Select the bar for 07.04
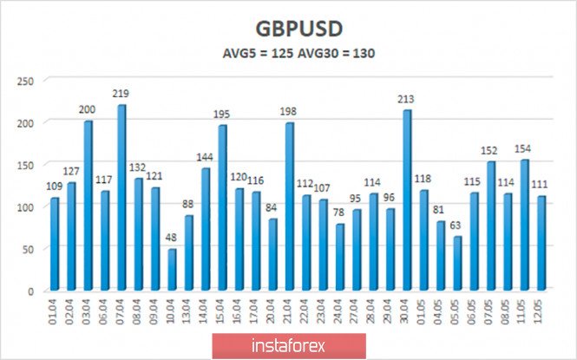[x=121, y=198]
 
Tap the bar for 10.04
[x=172, y=270]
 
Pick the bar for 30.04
[x=407, y=200]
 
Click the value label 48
[x=172, y=238]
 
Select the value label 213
[x=407, y=99]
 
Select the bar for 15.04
[x=222, y=208]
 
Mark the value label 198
[x=289, y=112]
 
